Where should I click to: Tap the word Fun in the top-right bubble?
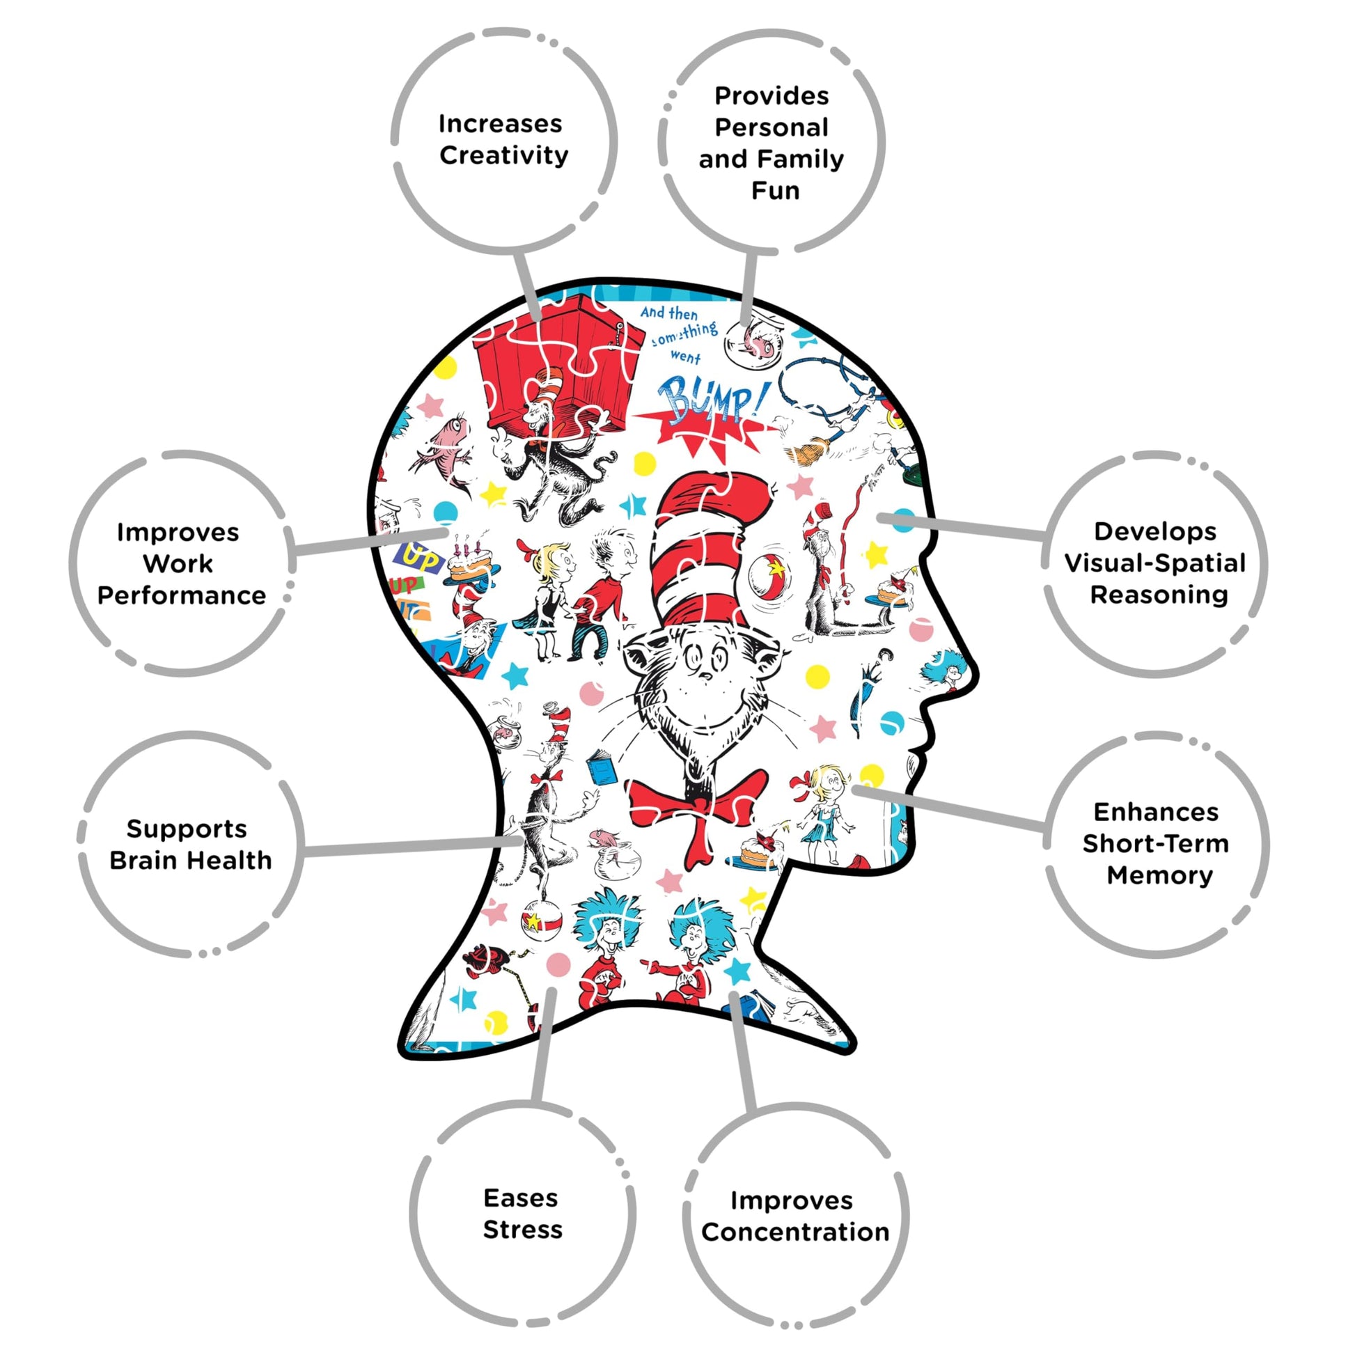(775, 191)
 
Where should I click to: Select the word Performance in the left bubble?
(182, 595)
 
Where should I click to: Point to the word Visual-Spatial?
(1155, 563)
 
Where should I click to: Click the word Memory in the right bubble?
(1160, 875)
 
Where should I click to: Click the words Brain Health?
(190, 860)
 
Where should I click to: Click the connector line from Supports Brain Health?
(413, 845)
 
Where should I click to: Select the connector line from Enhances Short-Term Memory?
(949, 808)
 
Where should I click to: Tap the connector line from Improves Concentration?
(743, 1052)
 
